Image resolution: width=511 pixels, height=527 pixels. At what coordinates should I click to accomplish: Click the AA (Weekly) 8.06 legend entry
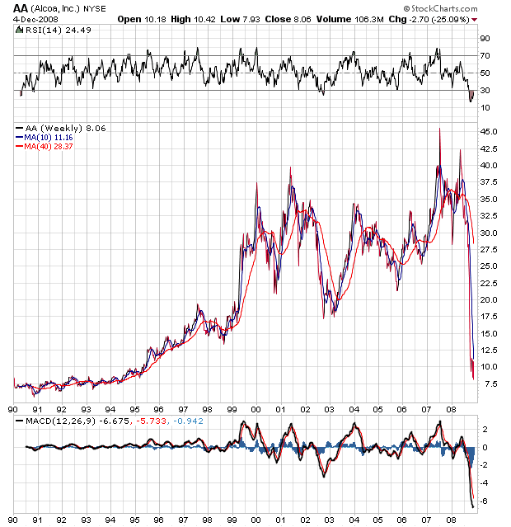click(x=61, y=128)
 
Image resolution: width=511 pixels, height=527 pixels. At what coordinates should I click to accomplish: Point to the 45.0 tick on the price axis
click(x=489, y=132)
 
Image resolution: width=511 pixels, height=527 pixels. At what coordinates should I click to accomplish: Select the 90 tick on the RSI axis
click(x=485, y=38)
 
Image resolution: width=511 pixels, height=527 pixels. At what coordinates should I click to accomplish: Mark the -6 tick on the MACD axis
click(x=485, y=500)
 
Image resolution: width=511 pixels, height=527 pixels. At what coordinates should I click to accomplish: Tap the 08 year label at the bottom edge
click(x=450, y=520)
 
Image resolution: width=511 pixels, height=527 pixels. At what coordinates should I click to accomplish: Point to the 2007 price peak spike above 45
click(x=439, y=129)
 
